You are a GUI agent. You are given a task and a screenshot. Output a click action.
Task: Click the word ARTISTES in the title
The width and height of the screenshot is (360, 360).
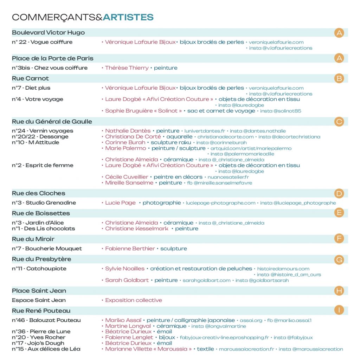(128, 17)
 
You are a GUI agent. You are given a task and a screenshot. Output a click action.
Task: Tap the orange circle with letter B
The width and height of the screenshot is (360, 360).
(339, 78)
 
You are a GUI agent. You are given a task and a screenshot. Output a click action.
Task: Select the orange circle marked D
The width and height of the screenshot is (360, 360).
(339, 193)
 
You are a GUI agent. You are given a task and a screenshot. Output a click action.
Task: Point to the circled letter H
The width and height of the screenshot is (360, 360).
(339, 291)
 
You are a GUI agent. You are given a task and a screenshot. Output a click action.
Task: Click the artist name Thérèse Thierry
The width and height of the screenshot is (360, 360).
(127, 68)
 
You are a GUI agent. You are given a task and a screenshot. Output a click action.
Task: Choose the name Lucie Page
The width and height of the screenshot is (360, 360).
(120, 203)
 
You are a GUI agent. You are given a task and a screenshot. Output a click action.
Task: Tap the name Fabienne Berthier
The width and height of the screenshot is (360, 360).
(130, 249)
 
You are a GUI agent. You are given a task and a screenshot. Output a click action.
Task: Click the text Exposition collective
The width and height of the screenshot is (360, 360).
(134, 300)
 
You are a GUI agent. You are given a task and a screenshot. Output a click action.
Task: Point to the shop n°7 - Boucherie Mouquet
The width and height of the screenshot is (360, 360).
(47, 249)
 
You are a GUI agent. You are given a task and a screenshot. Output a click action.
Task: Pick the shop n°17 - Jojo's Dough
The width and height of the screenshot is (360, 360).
(38, 343)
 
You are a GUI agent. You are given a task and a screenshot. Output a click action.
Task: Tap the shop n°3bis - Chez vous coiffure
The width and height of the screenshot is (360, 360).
(50, 68)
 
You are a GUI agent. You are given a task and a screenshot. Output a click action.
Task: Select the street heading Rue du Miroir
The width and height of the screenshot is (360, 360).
(33, 239)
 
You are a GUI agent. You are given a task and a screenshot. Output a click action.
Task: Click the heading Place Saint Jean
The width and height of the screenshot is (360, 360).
(39, 291)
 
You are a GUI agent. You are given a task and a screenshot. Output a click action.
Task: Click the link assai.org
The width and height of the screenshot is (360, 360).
(251, 321)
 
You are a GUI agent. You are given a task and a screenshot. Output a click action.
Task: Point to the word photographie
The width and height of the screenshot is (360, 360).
(162, 203)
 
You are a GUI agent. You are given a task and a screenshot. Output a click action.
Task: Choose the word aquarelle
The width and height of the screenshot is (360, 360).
(179, 137)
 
